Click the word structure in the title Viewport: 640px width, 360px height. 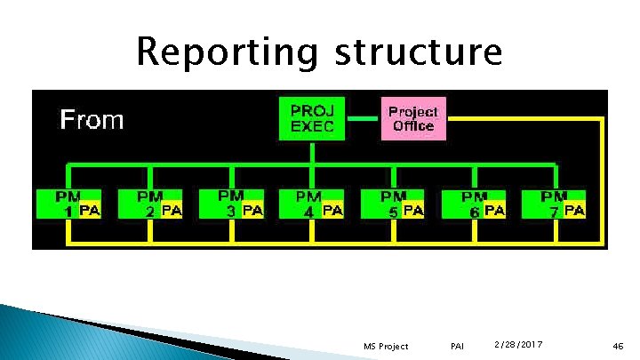click(x=418, y=52)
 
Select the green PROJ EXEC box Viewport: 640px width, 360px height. click(x=312, y=117)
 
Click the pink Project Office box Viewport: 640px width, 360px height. click(x=413, y=118)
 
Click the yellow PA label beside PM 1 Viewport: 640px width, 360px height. click(x=90, y=211)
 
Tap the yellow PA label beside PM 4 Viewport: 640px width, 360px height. click(x=332, y=211)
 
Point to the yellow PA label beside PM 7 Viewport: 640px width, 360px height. click(x=574, y=211)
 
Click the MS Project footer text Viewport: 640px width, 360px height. click(x=387, y=346)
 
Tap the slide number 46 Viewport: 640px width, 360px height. click(x=618, y=346)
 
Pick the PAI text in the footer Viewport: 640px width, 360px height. click(x=458, y=346)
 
